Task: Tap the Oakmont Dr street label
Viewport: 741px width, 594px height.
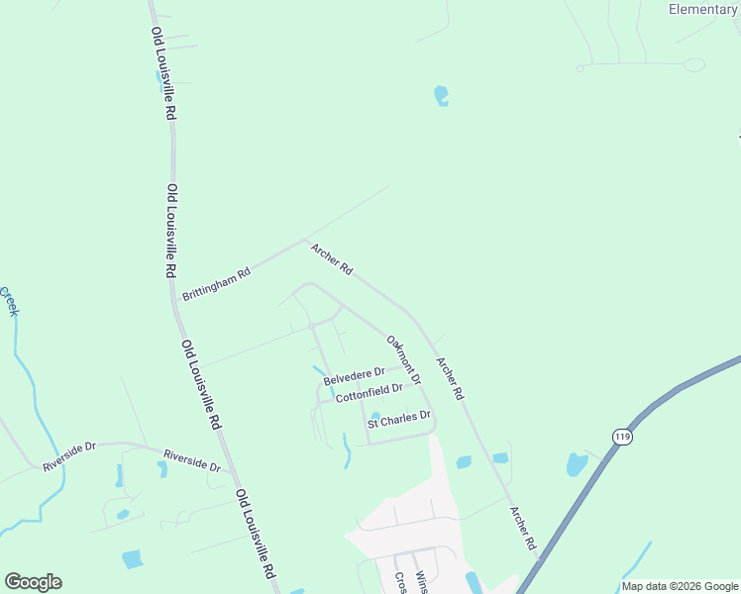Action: [404, 360]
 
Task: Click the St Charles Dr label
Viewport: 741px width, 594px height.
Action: [399, 419]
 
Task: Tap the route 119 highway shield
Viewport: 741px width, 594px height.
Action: [622, 437]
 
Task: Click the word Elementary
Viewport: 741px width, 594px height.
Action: [702, 9]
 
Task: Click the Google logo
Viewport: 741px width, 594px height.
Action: [33, 582]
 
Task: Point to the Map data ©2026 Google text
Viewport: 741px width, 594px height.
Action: [681, 586]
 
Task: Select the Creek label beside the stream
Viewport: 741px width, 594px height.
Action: [10, 301]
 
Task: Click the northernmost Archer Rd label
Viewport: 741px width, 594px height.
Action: [332, 259]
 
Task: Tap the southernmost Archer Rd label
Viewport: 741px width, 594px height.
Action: [522, 529]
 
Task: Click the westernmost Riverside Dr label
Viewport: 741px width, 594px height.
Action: [68, 456]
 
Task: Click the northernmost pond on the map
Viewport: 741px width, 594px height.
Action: [441, 96]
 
